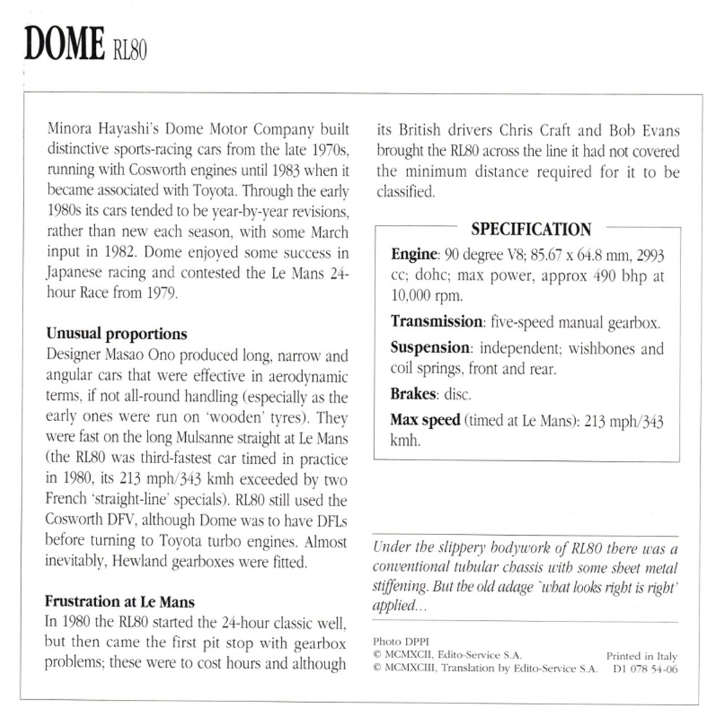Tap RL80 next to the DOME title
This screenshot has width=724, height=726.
point(130,51)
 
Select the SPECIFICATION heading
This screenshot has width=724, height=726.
point(531,229)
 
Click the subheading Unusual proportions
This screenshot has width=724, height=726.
point(117,334)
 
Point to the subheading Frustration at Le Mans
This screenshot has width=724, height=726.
point(120,601)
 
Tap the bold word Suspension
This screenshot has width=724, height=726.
point(430,348)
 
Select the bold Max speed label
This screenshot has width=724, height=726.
point(425,420)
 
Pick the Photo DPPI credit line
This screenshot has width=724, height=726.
point(396,642)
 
